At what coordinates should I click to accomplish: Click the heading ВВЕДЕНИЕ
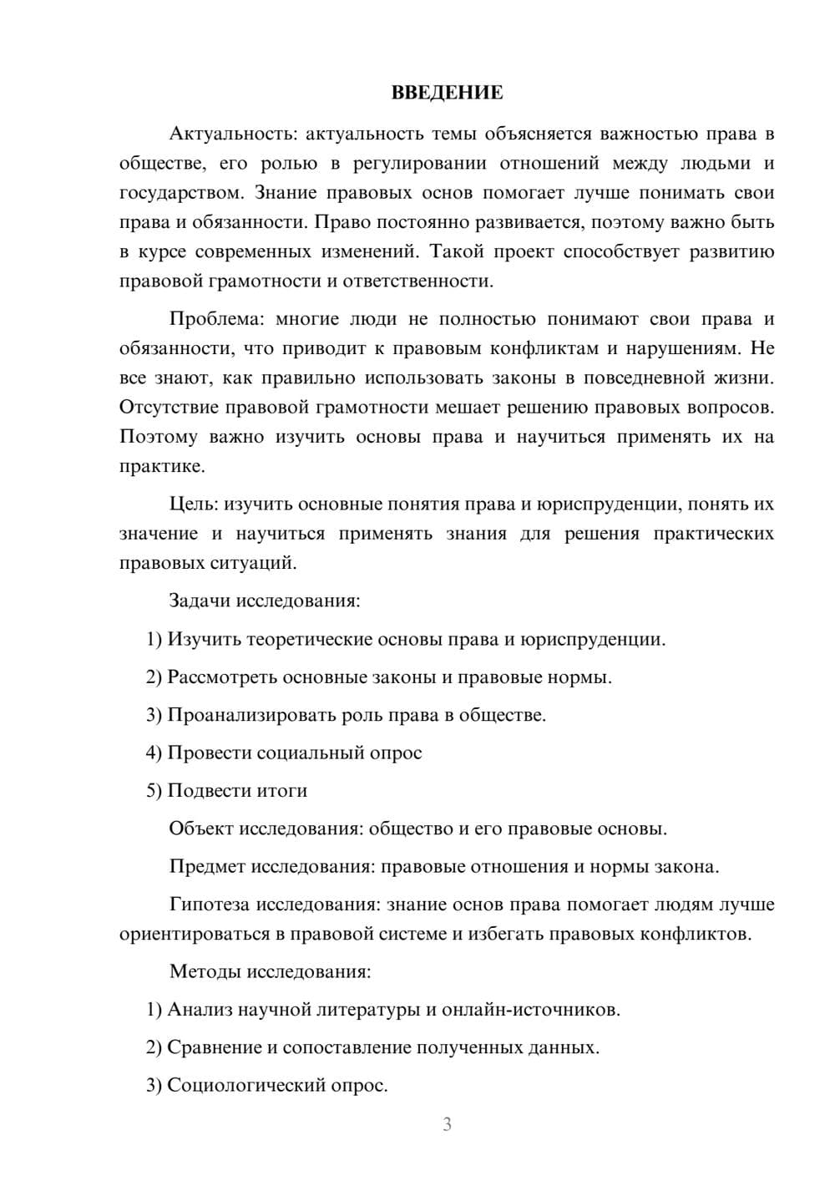[447, 93]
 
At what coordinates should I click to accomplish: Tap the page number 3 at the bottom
[447, 1124]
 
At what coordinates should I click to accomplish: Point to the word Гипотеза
[210, 905]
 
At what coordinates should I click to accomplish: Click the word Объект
[201, 829]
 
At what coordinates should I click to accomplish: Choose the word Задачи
[200, 601]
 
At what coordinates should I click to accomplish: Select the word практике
[160, 466]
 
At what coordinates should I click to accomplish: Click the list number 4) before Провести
[154, 753]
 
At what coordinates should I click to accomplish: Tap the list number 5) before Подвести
[154, 790]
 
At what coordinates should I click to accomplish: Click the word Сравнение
[215, 1047]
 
